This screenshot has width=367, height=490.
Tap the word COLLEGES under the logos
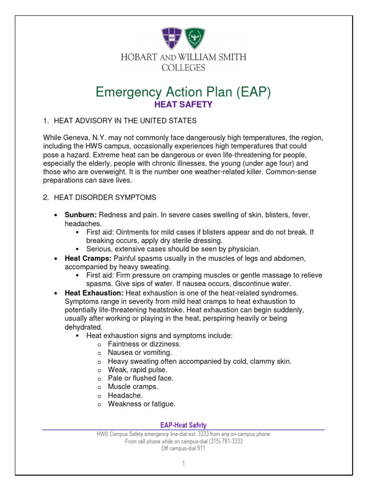coord(183,67)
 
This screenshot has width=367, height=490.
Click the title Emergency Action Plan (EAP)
coord(183,91)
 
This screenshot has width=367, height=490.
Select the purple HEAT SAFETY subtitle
coord(183,104)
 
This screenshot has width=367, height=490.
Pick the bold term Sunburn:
coord(81,215)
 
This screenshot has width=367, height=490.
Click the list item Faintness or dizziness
coord(138,344)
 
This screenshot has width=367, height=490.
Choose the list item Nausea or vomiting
coord(133,353)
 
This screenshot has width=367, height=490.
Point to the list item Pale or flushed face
coord(134,378)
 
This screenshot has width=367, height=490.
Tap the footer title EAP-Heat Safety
coord(183,425)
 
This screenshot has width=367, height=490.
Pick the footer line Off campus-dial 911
coord(183,448)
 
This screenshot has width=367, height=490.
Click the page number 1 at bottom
coord(183,463)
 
